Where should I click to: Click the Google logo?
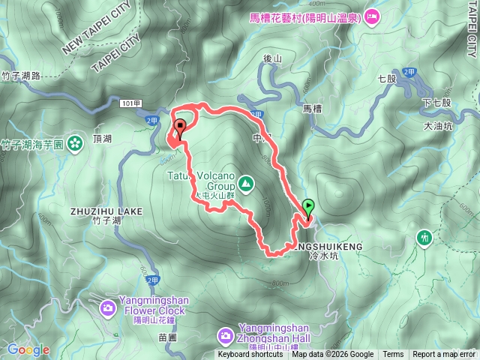pos(28,349)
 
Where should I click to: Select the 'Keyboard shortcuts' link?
pos(250,355)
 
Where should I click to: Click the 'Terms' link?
pos(393,355)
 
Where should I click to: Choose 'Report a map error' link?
pos(444,355)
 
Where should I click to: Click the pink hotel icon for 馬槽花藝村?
pos(373,16)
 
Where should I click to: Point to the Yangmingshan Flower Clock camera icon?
pos(108,307)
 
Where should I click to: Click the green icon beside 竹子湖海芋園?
pos(75,143)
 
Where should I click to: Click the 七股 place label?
pos(387,77)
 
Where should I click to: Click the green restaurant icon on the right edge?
pos(424,238)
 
